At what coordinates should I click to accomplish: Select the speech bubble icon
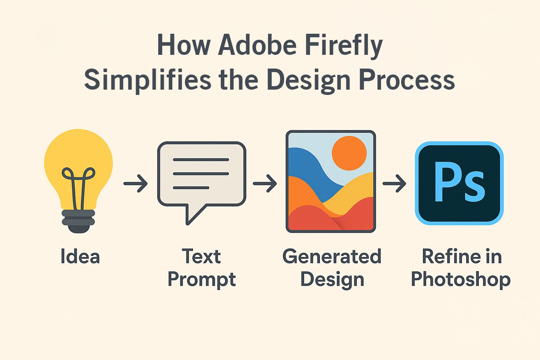point(201,174)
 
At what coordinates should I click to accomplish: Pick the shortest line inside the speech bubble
point(191,188)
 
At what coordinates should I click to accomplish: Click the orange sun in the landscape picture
point(349,153)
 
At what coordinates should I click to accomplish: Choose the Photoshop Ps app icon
point(459,183)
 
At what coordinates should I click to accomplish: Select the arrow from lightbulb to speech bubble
point(136,184)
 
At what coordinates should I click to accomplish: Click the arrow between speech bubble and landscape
point(265,184)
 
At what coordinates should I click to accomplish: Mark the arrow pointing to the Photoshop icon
point(394,184)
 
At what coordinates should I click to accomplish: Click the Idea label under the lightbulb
point(80,256)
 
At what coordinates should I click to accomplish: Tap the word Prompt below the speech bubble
point(201,280)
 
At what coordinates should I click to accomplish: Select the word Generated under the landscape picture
point(332,256)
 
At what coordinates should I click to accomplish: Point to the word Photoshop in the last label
point(461,280)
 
